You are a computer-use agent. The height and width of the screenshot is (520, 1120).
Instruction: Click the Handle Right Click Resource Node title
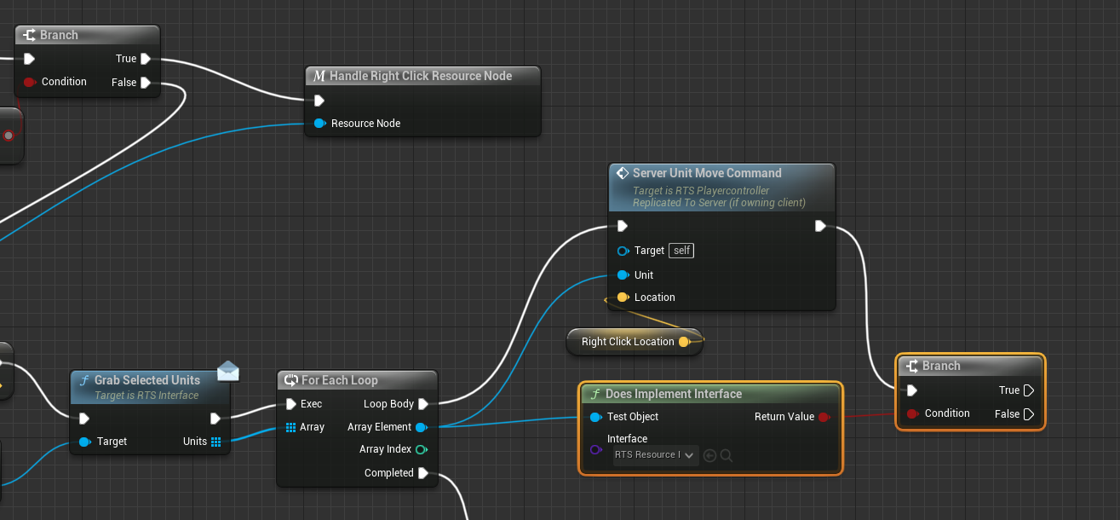tap(421, 76)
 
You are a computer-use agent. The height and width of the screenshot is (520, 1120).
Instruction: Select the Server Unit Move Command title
tap(707, 173)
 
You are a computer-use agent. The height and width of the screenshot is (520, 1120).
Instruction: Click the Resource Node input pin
tap(319, 124)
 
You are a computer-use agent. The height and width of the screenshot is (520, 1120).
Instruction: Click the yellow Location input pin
tap(623, 298)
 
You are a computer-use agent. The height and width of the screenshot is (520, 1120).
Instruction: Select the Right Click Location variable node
tap(628, 342)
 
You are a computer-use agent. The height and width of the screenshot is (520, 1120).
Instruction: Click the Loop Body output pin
tap(423, 404)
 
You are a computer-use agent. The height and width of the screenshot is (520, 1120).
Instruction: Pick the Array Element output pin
tap(421, 427)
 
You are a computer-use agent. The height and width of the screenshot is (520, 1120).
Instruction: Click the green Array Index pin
tap(421, 449)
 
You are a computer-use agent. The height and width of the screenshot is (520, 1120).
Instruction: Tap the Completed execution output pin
tap(423, 473)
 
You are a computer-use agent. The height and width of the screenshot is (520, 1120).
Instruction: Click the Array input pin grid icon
tap(291, 427)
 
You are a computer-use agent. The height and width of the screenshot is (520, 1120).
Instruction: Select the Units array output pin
tap(216, 442)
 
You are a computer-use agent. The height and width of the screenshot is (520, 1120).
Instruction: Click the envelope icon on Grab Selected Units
tap(228, 371)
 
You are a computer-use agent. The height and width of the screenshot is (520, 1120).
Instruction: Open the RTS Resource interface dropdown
tap(654, 455)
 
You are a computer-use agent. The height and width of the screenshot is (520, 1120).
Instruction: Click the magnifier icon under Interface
tap(727, 455)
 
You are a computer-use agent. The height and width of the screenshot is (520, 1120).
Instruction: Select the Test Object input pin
tap(596, 417)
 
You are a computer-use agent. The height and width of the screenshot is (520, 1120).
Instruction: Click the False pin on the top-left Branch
tap(146, 83)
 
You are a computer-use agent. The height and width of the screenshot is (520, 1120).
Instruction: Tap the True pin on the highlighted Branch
tap(1029, 390)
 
